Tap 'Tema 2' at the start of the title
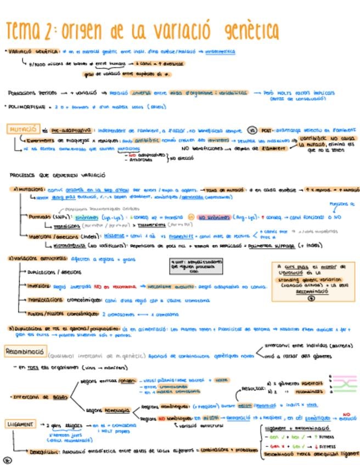tap(29, 30)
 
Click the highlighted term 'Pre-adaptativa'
tap(71, 131)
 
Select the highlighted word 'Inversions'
tap(38, 286)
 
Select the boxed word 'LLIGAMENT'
tap(20, 424)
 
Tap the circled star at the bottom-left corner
tap(7, 460)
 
